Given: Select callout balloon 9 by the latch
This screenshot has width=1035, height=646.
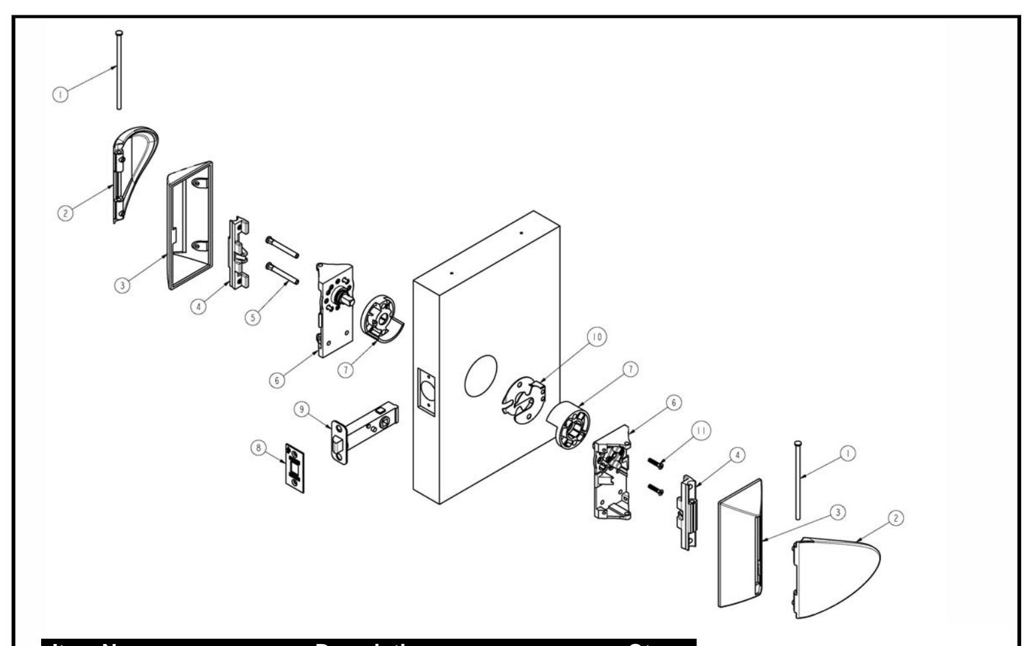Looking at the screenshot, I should tap(303, 410).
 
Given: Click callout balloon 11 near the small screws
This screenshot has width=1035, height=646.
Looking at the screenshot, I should tap(703, 430).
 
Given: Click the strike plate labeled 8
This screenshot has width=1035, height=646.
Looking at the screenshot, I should tap(294, 467).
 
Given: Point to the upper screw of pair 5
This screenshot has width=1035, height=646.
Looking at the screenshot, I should tap(282, 246).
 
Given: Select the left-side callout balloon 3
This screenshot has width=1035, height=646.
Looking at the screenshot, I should tap(122, 286).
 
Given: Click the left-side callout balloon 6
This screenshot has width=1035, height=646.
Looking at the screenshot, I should tap(277, 379).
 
